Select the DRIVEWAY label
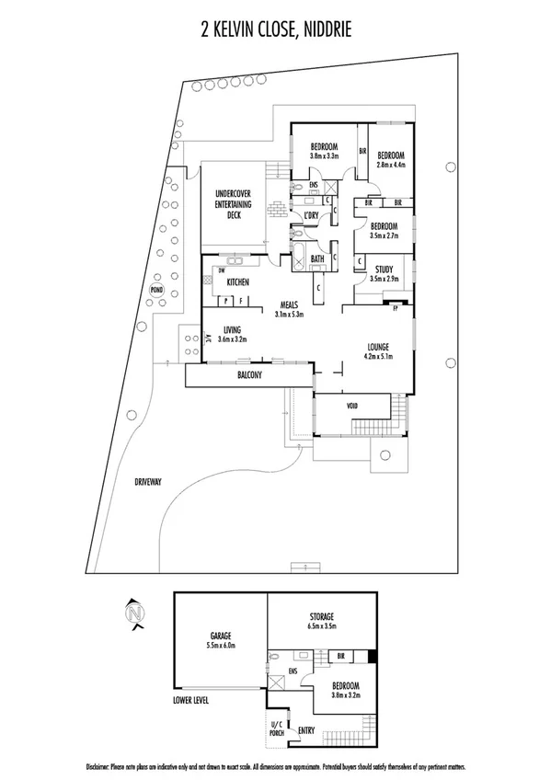click(146, 481)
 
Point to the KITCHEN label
click(239, 282)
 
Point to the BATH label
click(316, 259)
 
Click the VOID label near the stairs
click(352, 406)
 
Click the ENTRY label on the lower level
click(306, 730)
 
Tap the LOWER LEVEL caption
click(191, 700)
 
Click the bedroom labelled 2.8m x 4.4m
click(389, 159)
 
